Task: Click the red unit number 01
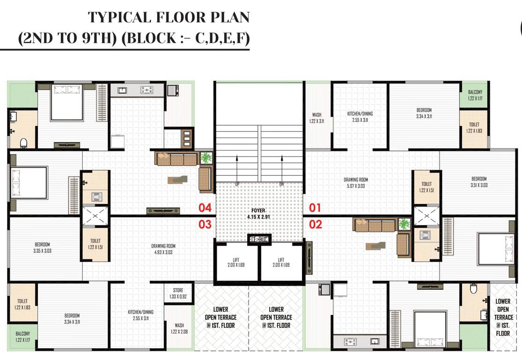coord(315,208)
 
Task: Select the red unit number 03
coord(205,225)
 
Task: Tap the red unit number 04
coord(205,208)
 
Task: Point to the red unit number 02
coord(316,225)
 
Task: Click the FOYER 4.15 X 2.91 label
coord(258,214)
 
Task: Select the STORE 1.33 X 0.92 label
coord(178,293)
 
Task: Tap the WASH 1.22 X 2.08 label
coord(179,329)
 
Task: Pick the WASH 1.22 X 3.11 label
coord(317,118)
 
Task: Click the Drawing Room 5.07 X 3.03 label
coord(356,183)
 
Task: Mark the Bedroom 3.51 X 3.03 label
coord(479,182)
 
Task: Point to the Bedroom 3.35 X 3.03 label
coord(42,247)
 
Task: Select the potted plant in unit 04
coord(206,158)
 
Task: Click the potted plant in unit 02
coord(403,225)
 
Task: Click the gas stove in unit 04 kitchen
coord(147,90)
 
